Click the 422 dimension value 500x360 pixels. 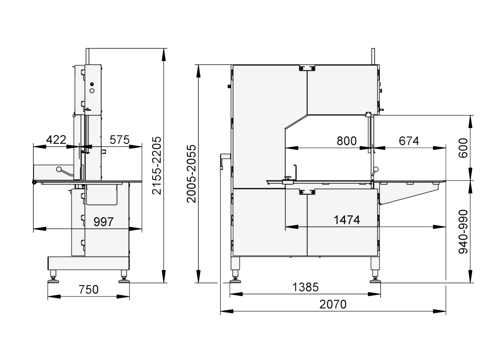click(x=56, y=140)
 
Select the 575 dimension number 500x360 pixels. click(x=119, y=140)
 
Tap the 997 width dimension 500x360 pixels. click(x=104, y=222)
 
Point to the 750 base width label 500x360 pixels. click(x=88, y=290)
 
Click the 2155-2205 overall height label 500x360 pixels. click(x=156, y=166)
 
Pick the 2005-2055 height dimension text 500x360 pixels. click(x=191, y=174)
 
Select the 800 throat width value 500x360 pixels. click(x=346, y=141)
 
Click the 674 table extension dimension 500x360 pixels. click(x=409, y=141)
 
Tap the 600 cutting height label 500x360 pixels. click(x=463, y=148)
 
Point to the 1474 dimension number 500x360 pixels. click(x=347, y=220)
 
